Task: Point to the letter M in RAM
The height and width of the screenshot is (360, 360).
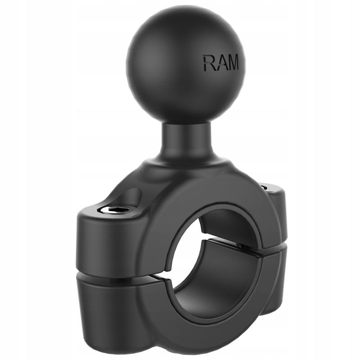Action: pyautogui.click(x=232, y=63)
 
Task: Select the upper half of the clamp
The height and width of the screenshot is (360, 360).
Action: pyautogui.click(x=135, y=234)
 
